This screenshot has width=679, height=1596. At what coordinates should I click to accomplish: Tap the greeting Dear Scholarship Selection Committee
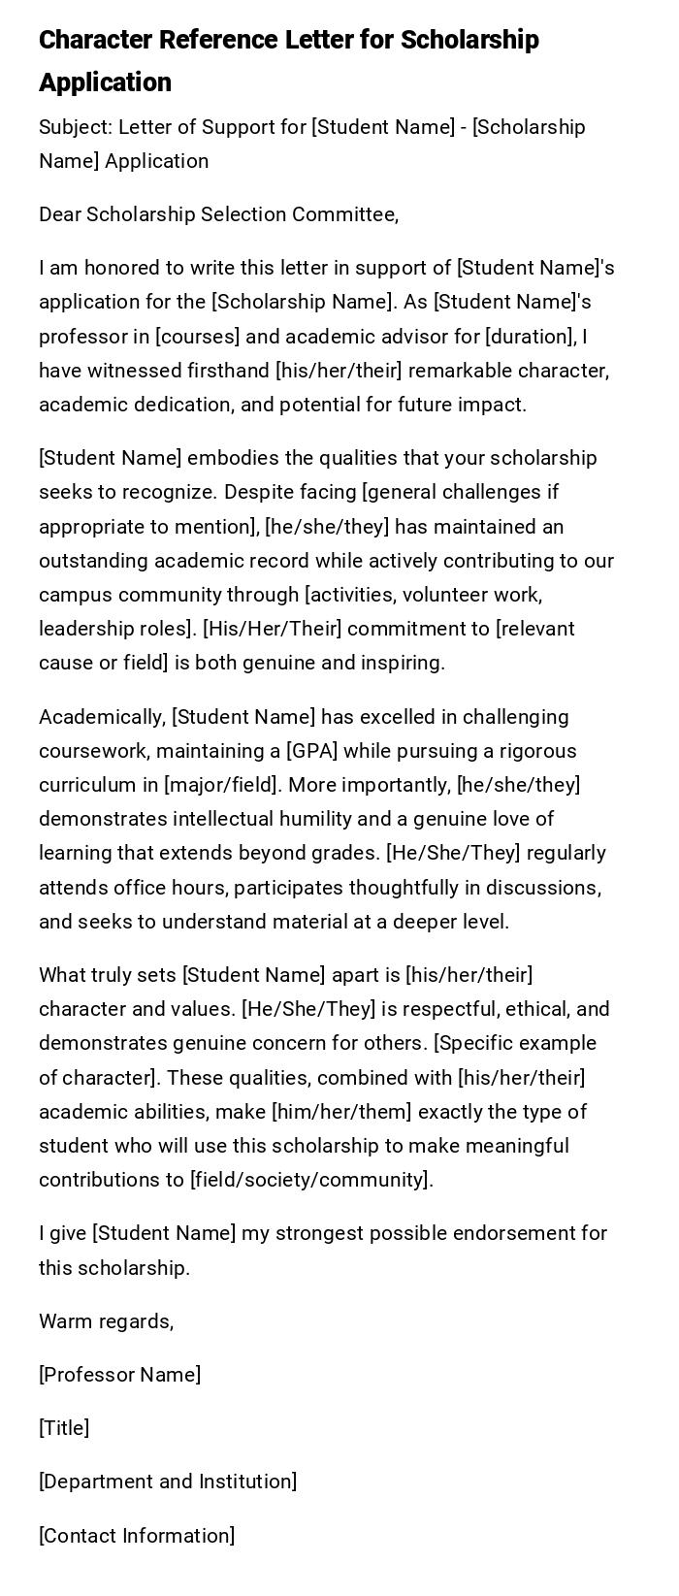(218, 214)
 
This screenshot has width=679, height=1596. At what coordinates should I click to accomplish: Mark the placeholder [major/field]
(222, 785)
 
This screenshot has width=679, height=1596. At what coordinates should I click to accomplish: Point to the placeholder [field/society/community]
(310, 1180)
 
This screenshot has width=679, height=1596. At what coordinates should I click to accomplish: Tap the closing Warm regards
(106, 1321)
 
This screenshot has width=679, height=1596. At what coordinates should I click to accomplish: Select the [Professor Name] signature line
(119, 1375)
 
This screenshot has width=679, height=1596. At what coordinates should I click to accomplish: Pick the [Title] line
(64, 1428)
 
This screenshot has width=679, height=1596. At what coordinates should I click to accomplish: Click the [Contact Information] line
(137, 1536)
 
